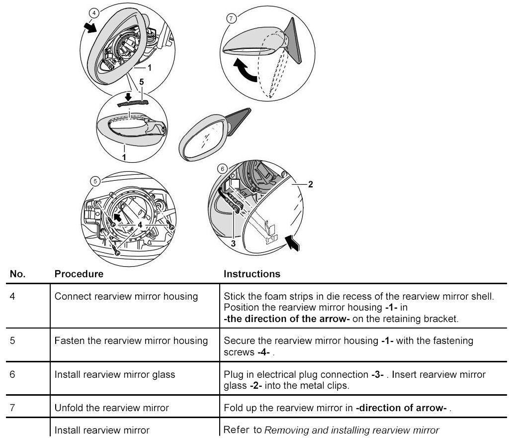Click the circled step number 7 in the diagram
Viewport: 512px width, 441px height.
tap(230, 18)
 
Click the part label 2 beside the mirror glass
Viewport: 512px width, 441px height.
tap(310, 185)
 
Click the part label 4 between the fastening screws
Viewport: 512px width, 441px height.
tap(141, 225)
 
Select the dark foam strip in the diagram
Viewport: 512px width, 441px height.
tap(133, 103)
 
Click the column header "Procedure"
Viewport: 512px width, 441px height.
tap(79, 274)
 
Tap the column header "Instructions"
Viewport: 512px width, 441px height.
tap(252, 274)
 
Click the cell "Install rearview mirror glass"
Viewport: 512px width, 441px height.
tap(115, 374)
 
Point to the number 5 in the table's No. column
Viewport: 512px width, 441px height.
tap(12, 340)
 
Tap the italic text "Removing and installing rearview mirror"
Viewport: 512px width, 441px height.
tap(351, 430)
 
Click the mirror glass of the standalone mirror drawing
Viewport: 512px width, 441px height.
tap(204, 139)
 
